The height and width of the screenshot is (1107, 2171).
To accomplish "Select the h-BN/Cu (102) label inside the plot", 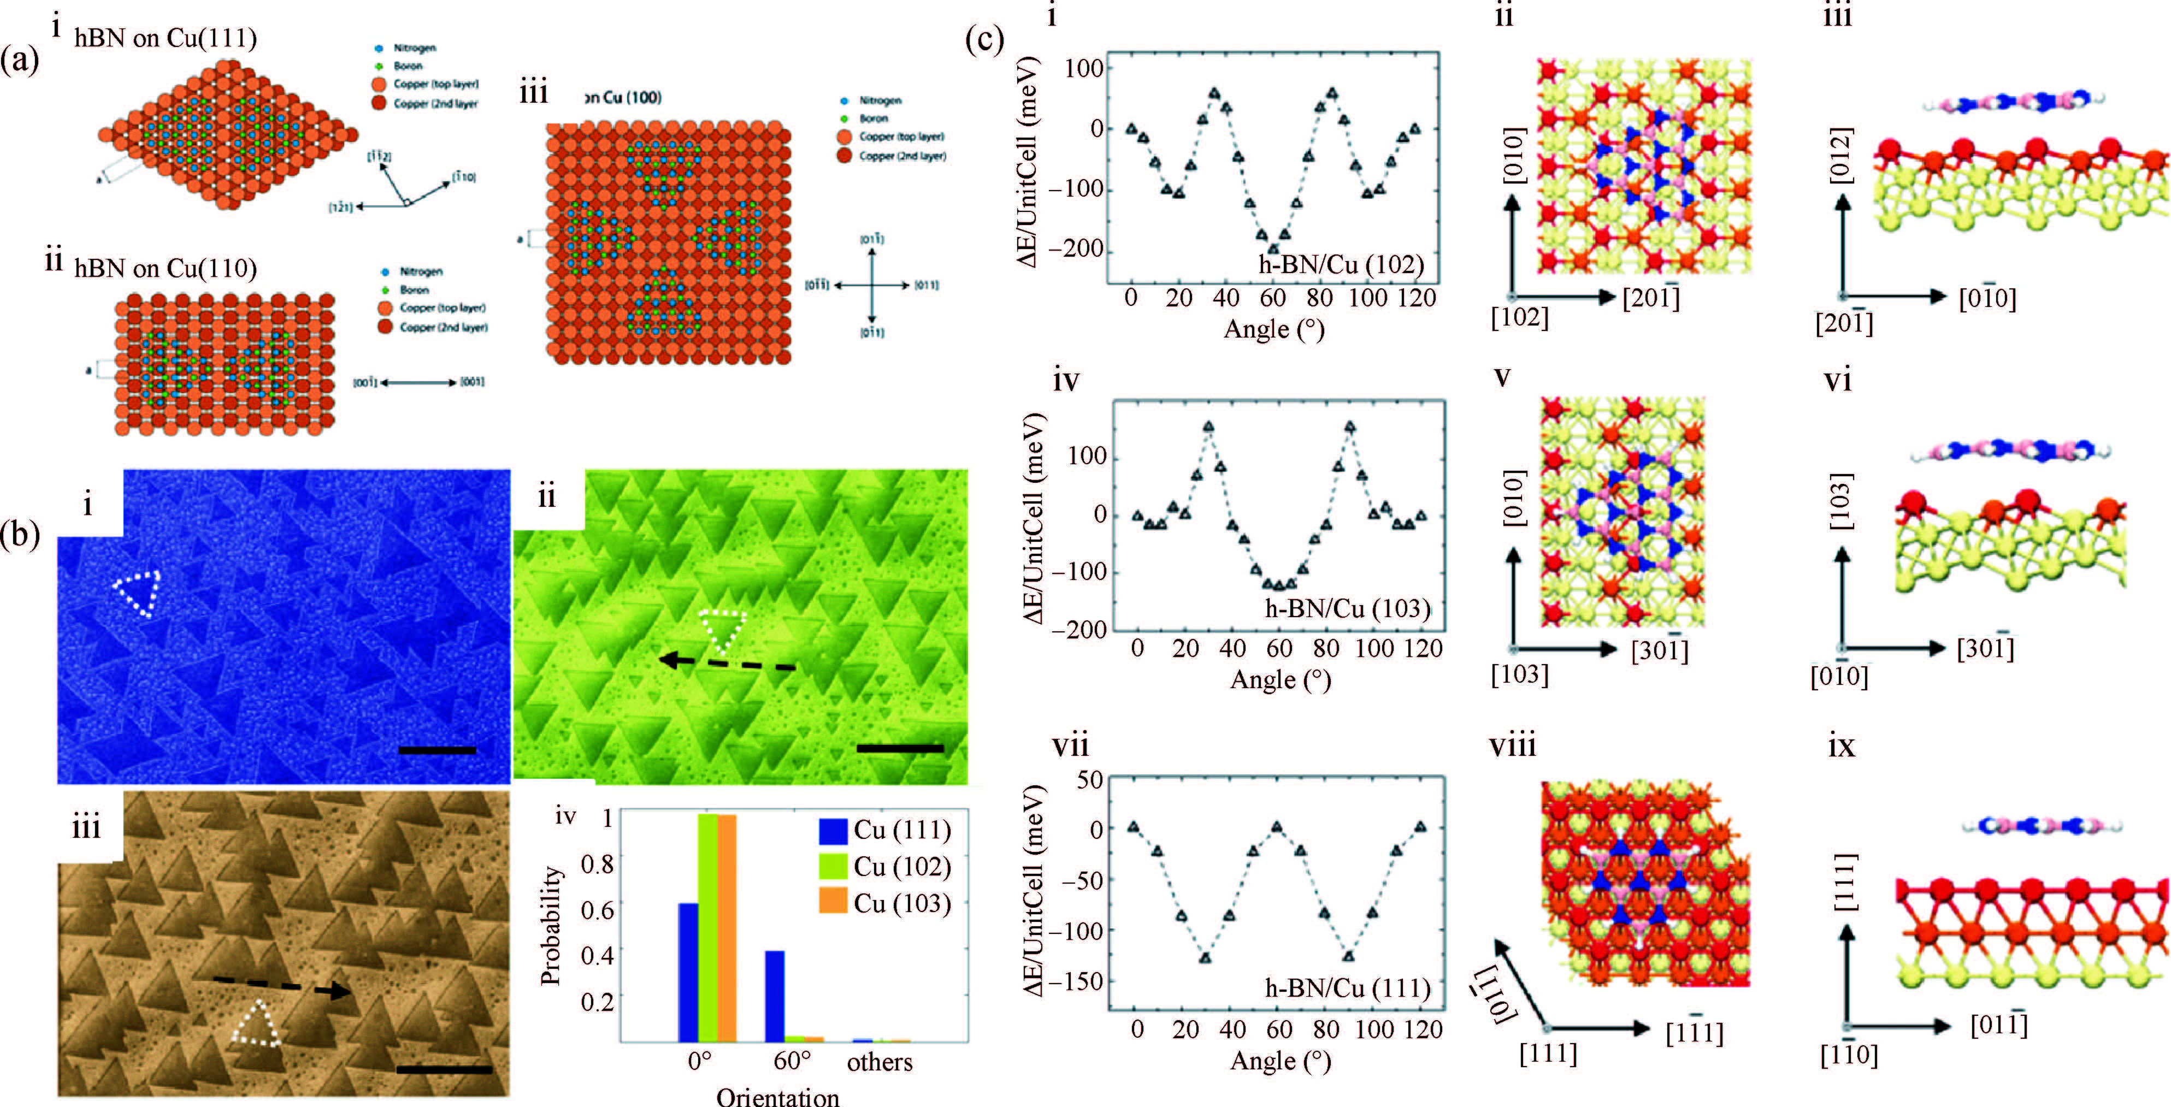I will pos(1341,264).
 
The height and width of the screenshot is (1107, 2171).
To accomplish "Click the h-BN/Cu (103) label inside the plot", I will pos(1347,608).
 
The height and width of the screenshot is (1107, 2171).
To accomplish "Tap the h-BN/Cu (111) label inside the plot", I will pos(1347,987).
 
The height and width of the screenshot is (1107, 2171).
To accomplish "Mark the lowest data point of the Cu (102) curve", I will pos(1272,248).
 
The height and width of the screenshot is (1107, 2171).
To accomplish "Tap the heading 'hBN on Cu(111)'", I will pos(165,38).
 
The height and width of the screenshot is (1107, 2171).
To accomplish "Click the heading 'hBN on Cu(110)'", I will pos(165,268).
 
